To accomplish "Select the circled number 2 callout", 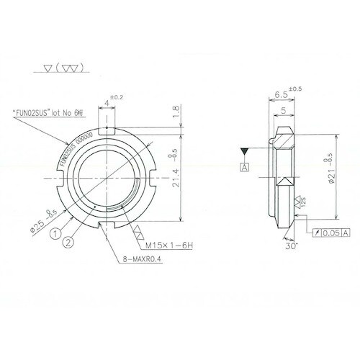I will pos(67,243).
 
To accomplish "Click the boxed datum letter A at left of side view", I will pos(245,167).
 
